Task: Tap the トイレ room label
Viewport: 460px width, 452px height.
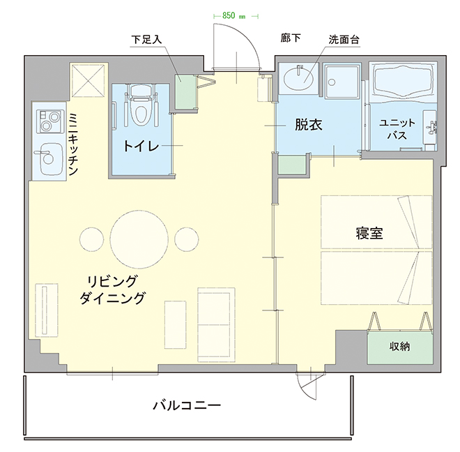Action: (x=141, y=146)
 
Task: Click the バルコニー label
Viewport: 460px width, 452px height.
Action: (x=186, y=405)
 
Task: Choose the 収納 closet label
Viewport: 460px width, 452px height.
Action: (x=399, y=347)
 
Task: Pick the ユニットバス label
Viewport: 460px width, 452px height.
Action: (x=397, y=128)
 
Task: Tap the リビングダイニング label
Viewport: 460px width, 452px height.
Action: (x=112, y=289)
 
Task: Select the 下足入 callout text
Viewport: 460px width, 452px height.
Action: (x=146, y=39)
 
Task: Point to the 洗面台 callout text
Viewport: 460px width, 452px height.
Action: (x=344, y=39)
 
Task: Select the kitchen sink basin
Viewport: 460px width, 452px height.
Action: (x=49, y=159)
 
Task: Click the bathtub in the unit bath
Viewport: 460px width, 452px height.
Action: (x=404, y=83)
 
